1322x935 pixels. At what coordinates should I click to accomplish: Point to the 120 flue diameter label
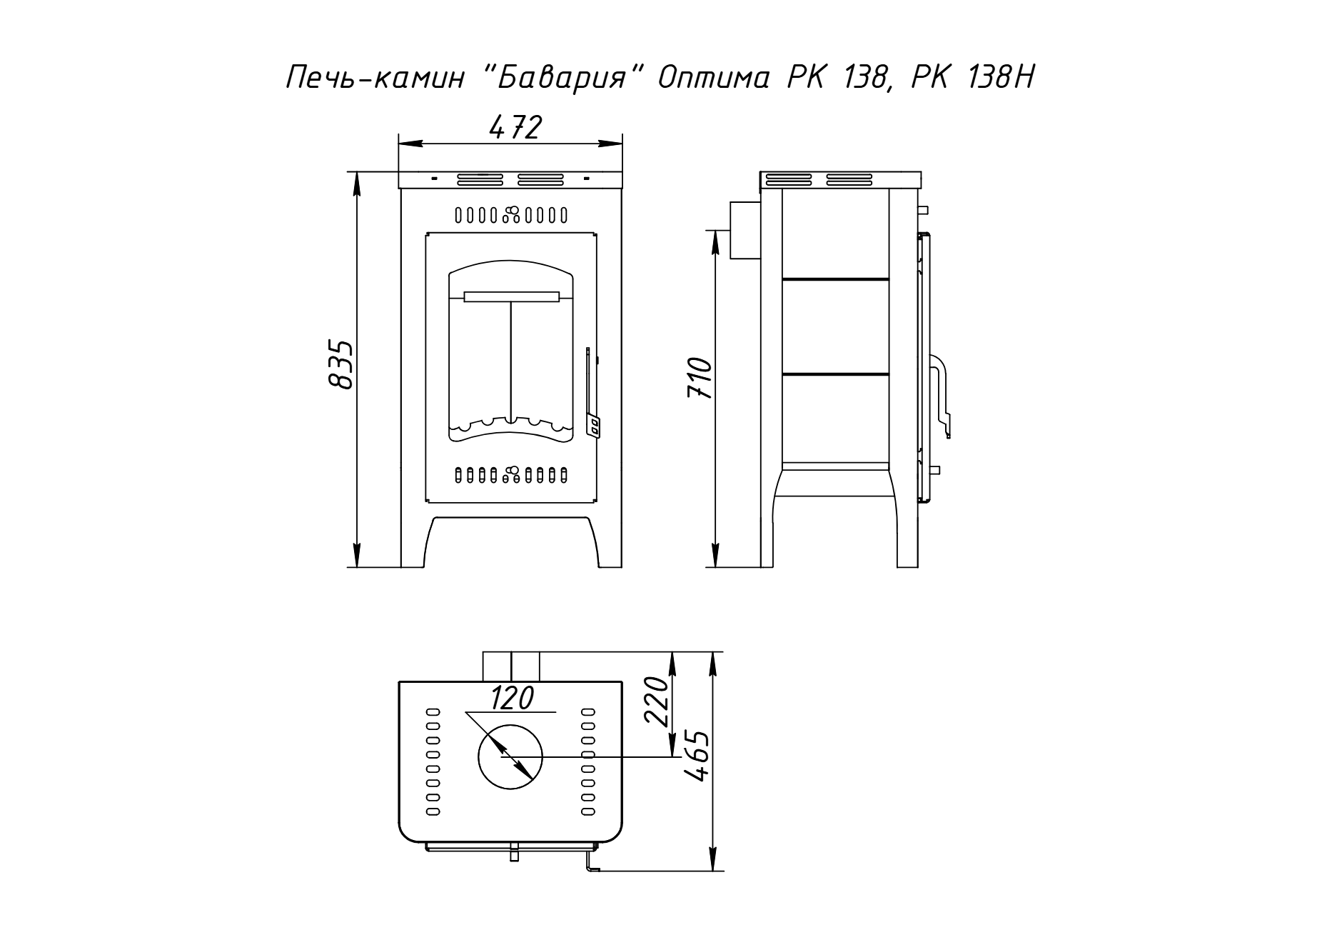(512, 698)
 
